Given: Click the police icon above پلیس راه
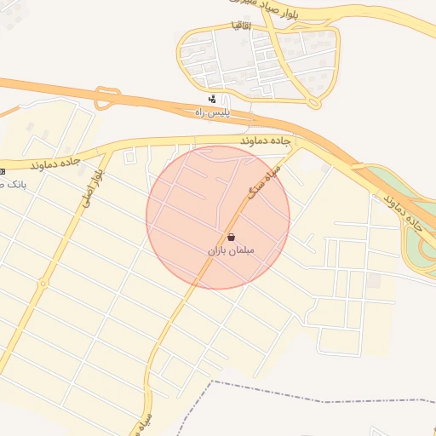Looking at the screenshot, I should [x=212, y=100].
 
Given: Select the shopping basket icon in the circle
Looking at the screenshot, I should [x=231, y=238].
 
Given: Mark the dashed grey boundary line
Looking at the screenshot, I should [x=341, y=399].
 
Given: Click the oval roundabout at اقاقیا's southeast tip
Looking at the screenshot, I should [x=314, y=102].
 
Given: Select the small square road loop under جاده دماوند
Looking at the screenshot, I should [x=129, y=157].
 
